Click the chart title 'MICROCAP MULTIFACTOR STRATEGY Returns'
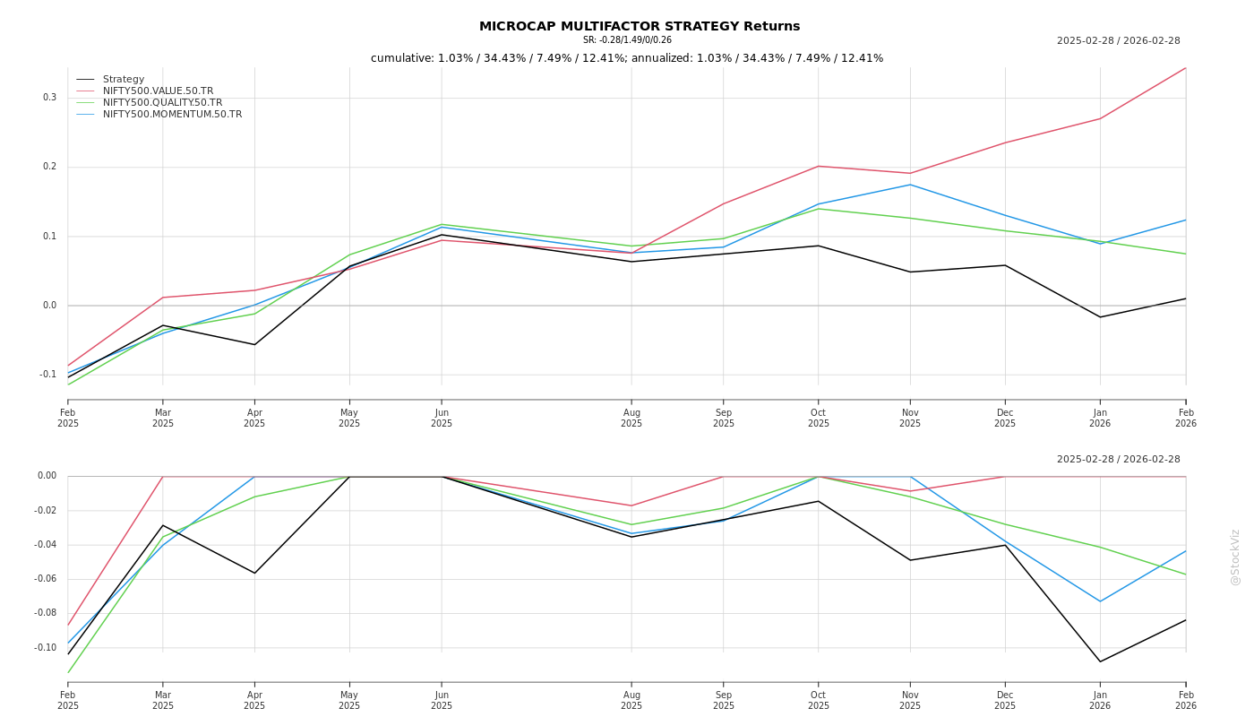(640, 26)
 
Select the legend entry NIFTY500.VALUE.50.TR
(158, 91)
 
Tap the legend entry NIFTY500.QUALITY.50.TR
(162, 102)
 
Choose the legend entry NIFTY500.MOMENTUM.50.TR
(172, 114)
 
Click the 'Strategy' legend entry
(123, 79)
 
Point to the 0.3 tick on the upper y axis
(49, 98)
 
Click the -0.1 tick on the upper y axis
(47, 375)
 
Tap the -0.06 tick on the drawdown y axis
(45, 579)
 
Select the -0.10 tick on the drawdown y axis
(45, 648)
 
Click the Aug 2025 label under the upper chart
(631, 418)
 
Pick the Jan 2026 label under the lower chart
(1100, 700)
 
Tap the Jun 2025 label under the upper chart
(442, 418)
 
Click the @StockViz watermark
(1235, 557)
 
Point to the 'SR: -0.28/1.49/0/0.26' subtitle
(627, 40)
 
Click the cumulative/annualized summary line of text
(627, 58)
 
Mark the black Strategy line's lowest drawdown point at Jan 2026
(1100, 661)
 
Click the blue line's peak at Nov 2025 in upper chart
(910, 185)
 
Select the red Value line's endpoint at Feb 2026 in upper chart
(1185, 68)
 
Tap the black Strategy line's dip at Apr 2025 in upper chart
(254, 344)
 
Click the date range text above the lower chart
(1118, 459)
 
